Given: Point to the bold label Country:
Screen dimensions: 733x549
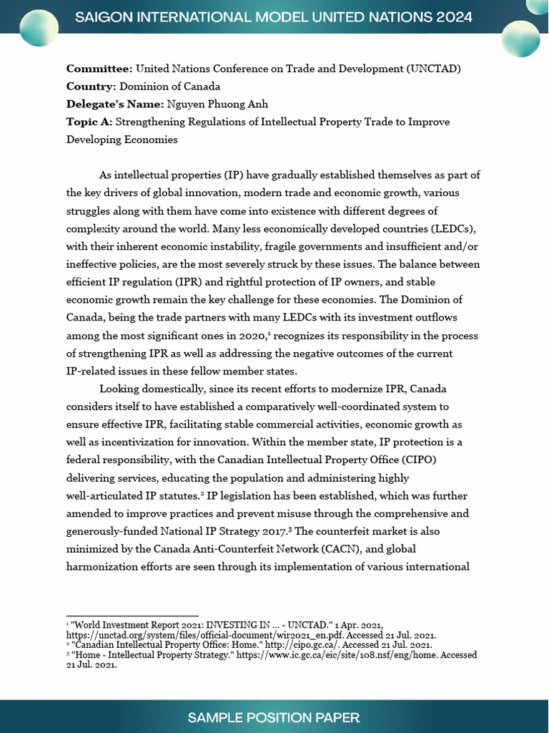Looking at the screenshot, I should [x=91, y=87].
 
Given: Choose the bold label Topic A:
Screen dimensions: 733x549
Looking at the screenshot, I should [x=89, y=122].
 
